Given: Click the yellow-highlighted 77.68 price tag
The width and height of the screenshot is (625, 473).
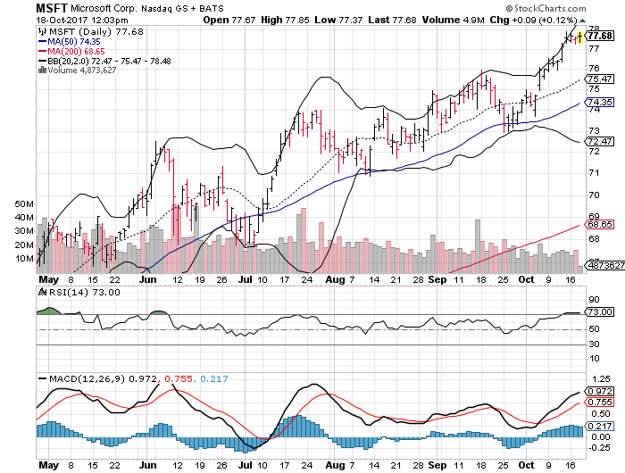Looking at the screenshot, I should (599, 37).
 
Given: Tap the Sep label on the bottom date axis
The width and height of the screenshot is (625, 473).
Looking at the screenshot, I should (439, 465).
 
